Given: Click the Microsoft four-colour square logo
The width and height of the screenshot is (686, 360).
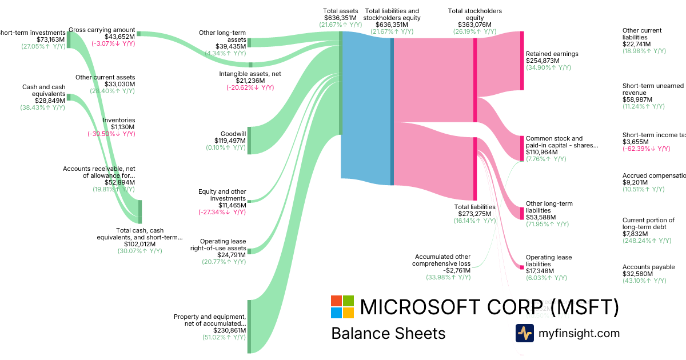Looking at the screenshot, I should point(342,307).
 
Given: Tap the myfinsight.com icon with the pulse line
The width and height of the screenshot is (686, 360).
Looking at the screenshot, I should point(524,333).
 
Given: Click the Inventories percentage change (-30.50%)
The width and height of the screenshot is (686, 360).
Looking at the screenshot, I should point(111,134).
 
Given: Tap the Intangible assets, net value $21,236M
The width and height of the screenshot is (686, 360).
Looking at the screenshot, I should point(246,81).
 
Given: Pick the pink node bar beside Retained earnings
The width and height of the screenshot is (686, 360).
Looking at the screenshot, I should point(522,61).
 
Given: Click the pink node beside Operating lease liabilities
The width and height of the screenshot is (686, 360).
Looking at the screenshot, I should point(522,267).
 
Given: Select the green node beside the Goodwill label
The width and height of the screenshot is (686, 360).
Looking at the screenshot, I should point(249,141).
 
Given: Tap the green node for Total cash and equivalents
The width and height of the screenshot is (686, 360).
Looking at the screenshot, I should point(140,212).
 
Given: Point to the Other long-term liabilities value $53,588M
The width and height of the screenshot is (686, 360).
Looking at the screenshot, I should point(541,217).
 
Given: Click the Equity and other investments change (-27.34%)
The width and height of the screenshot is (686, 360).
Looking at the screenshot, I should point(223,212).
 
